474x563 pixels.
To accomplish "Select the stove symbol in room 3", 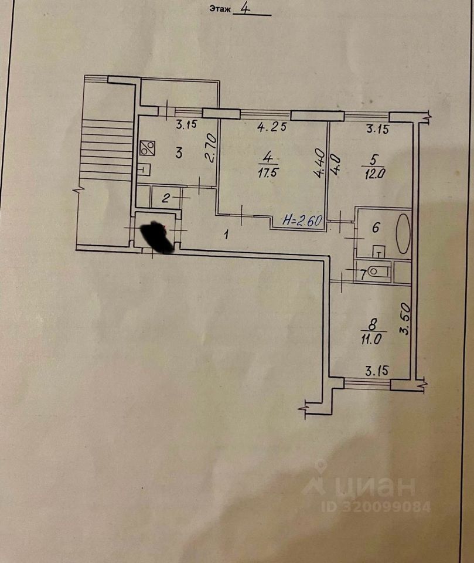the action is [x=147, y=148].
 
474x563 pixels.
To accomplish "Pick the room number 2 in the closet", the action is [x=166, y=198].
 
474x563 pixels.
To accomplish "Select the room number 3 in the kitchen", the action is [x=179, y=153].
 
